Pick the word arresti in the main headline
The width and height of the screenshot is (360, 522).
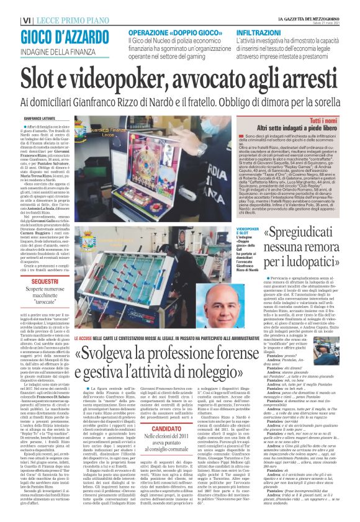tap(320, 77)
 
